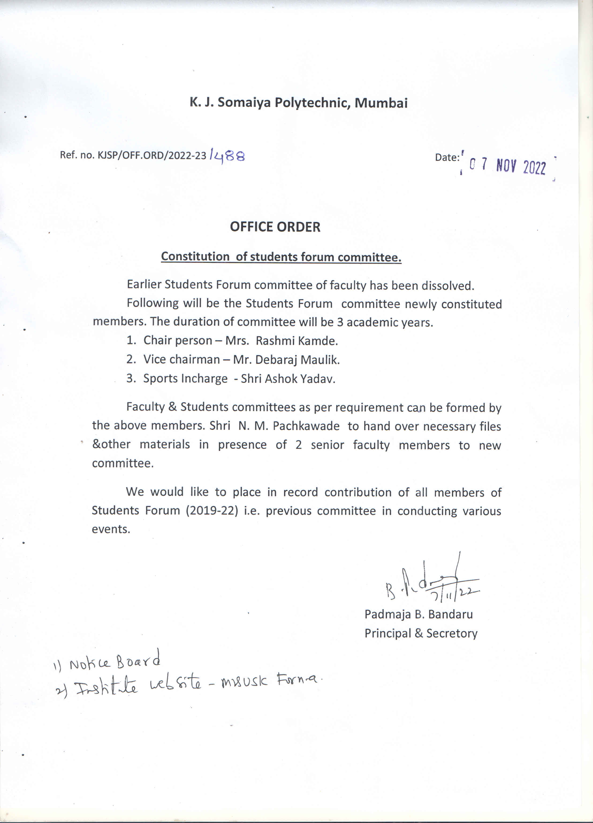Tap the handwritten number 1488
pos(227,156)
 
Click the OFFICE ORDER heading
pos(275,227)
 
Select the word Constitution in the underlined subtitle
pos(195,256)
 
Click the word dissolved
pos(448,286)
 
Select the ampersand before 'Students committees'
pos(173,407)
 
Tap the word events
pos(110,529)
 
